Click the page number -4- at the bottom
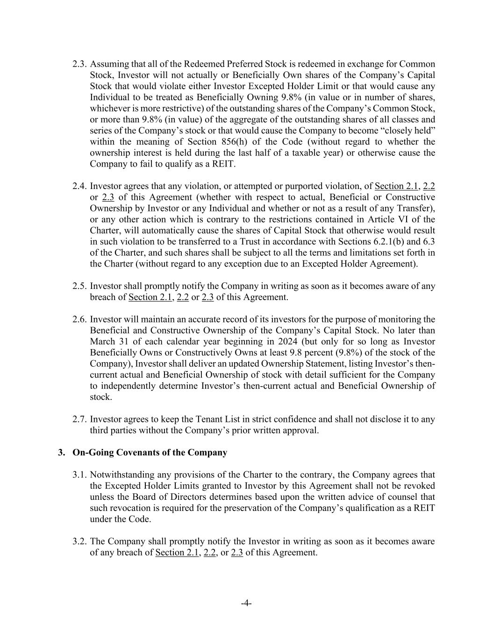tap(246, 603)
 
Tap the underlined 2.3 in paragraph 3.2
tap(237, 553)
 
